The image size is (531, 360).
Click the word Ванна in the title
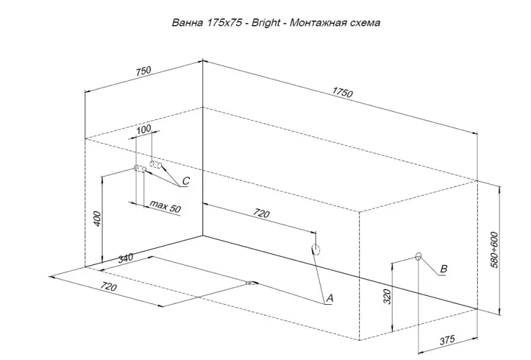(x=188, y=23)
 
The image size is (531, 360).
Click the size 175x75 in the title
(x=223, y=23)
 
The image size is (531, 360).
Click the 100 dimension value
(x=143, y=130)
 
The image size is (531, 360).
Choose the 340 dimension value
(x=124, y=258)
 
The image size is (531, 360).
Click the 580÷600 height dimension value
(x=495, y=248)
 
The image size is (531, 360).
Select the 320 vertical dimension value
(x=386, y=297)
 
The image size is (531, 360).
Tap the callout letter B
(x=444, y=269)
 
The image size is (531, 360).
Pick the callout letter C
(x=186, y=181)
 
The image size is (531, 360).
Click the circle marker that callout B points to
(x=419, y=256)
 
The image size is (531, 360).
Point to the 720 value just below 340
(x=109, y=286)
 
